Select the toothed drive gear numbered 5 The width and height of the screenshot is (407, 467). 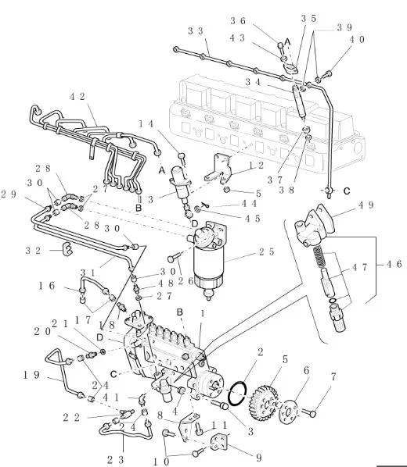[263, 404]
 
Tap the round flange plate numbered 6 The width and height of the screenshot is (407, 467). [289, 412]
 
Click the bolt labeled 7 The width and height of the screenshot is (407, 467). [308, 412]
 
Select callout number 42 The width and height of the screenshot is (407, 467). [77, 97]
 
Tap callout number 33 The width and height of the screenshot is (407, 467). [196, 31]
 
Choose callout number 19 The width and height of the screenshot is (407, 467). [31, 375]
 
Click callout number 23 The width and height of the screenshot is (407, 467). [115, 460]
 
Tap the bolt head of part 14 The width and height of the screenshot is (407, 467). [182, 155]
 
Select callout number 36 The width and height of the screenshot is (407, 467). [238, 21]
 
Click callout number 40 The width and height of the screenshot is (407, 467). [357, 39]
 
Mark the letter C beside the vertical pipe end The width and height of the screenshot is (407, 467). [347, 191]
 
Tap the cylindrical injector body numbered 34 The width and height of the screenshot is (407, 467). [299, 101]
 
